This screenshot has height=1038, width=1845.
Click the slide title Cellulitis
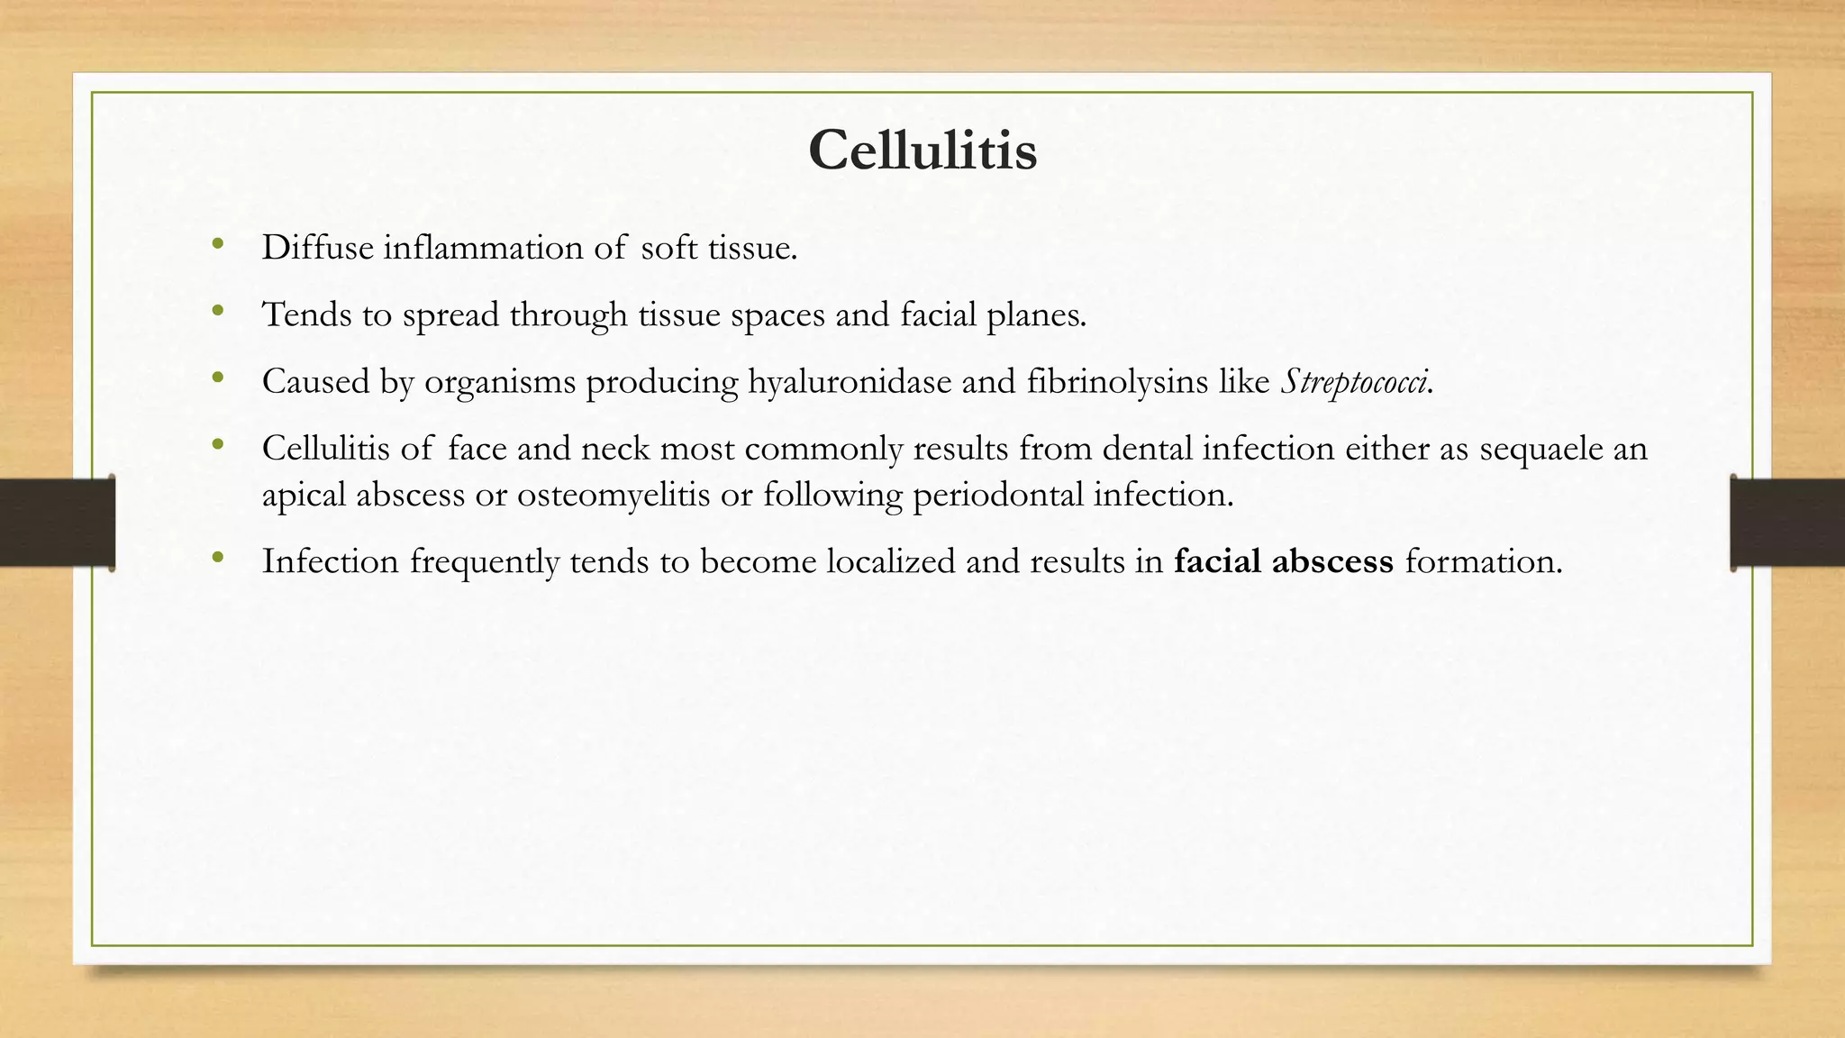(x=922, y=150)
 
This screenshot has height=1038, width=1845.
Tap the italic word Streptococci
(x=1353, y=382)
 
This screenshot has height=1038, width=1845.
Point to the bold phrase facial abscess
(x=1284, y=561)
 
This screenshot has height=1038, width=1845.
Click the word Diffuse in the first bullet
(x=317, y=248)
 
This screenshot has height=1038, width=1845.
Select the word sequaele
(x=1541, y=449)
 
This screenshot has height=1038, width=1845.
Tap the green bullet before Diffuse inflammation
(x=217, y=244)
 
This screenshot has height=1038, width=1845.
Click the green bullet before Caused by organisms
(x=217, y=378)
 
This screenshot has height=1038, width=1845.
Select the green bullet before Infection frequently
(x=217, y=558)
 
